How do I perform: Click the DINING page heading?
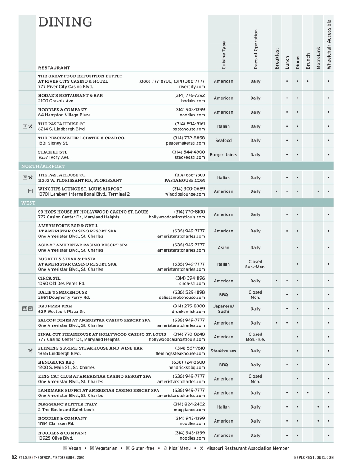pyautogui.click(x=65, y=22)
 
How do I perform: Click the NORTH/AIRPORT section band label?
pyautogui.click(x=40, y=166)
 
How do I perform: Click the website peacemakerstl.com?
pyautogui.click(x=185, y=143)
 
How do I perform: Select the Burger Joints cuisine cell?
pyautogui.click(x=224, y=155)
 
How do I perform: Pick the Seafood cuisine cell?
pyautogui.click(x=224, y=140)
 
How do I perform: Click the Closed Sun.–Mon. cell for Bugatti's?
pyautogui.click(x=255, y=264)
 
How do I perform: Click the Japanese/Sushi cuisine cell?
pyautogui.click(x=224, y=309)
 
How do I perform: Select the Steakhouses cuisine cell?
pyautogui.click(x=224, y=351)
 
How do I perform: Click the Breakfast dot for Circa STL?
pyautogui.click(x=276, y=281)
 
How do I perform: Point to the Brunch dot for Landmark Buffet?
pyautogui.click(x=307, y=393)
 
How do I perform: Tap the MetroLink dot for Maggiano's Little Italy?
pyautogui.click(x=318, y=407)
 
